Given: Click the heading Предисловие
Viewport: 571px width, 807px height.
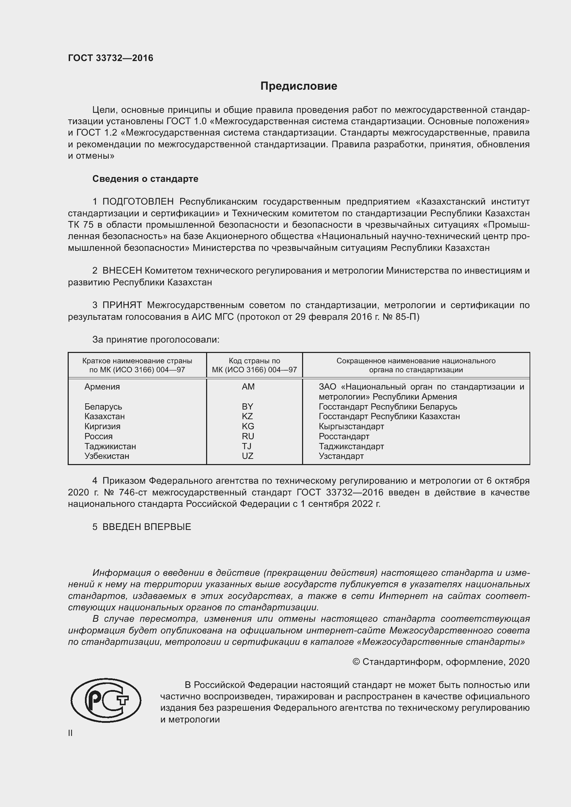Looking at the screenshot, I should click(x=299, y=86).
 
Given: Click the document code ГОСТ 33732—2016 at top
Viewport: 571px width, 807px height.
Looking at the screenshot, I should click(x=110, y=58).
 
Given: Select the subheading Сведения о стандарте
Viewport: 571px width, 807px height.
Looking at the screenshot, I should click(x=145, y=179).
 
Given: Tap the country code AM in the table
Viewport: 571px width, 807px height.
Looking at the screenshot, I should click(x=248, y=387).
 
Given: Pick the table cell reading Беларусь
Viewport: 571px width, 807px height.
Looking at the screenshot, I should click(x=103, y=407).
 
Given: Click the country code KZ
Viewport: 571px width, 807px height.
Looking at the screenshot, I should click(x=247, y=416).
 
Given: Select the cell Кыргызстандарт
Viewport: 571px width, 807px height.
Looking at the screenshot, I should click(x=351, y=426).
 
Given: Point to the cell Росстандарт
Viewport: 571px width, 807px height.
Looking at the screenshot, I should click(x=344, y=436).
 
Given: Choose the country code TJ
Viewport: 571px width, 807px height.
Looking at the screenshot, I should click(x=246, y=446).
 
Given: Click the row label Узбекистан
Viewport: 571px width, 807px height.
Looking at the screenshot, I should click(x=107, y=456).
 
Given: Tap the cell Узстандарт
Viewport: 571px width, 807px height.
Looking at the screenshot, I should click(x=341, y=456).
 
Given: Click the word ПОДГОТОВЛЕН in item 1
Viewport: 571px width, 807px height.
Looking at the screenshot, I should click(x=138, y=202).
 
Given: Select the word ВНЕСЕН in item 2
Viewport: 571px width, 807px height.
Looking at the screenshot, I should click(x=122, y=270).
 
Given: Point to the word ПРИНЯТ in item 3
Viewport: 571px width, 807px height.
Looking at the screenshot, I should click(x=122, y=305).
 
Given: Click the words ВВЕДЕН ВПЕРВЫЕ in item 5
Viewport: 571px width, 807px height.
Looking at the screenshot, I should click(x=147, y=527).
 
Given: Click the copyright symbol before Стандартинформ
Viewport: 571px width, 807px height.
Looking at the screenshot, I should click(x=356, y=662).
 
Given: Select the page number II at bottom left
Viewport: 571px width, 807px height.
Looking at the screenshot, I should click(x=70, y=733).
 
